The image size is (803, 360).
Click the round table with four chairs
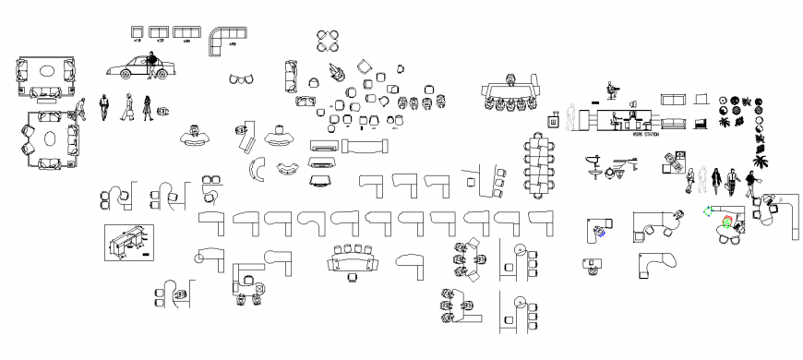(327, 41)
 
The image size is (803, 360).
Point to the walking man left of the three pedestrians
(81, 109)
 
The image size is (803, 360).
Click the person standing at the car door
(151, 65)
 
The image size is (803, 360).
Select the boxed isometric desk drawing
(127, 243)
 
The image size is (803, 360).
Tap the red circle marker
(727, 222)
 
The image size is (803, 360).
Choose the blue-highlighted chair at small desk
(601, 232)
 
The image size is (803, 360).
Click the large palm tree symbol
(759, 162)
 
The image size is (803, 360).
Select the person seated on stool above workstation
(610, 91)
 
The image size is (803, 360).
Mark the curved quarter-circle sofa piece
(256, 171)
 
